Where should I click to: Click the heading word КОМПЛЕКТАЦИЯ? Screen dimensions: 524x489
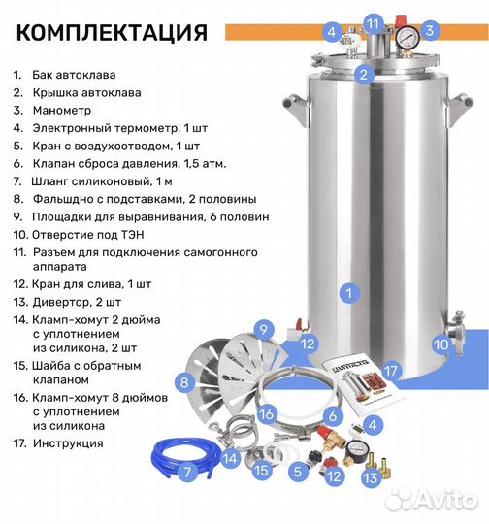113,32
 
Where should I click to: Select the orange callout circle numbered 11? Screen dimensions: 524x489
375,22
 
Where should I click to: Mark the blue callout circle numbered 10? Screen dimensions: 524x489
440,343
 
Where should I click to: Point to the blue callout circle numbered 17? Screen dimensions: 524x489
391,370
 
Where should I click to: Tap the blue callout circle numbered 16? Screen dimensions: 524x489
266,413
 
